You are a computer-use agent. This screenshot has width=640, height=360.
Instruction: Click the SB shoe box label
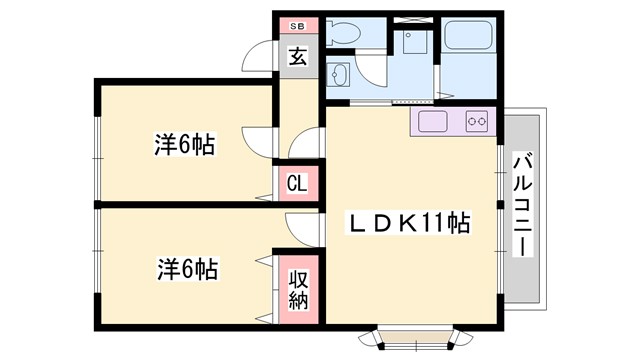(x=297, y=26)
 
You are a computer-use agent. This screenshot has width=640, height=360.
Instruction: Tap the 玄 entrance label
(x=298, y=57)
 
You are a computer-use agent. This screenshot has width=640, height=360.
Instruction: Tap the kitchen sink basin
(x=434, y=123)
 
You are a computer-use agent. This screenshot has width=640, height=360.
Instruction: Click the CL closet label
(x=297, y=184)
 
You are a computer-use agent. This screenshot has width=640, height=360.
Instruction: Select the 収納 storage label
(x=298, y=287)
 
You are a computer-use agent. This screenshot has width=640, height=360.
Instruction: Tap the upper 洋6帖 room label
(x=186, y=144)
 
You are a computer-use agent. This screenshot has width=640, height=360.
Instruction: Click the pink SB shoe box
(x=297, y=26)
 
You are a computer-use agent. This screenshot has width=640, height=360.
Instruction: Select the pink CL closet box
(x=297, y=184)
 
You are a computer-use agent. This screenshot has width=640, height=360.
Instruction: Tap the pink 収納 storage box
(x=298, y=287)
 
